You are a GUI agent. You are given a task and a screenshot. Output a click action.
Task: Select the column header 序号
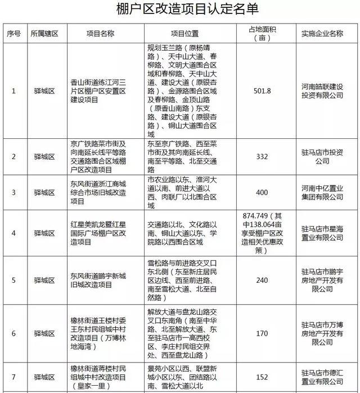[x=13, y=33]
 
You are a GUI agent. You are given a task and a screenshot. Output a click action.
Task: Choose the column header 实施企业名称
[x=322, y=33]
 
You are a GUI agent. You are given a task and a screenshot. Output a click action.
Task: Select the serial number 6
[x=13, y=333]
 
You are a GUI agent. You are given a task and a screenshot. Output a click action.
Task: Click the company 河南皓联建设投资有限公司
[x=322, y=91]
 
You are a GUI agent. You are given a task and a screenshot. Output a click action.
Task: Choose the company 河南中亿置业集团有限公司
[x=322, y=192]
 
